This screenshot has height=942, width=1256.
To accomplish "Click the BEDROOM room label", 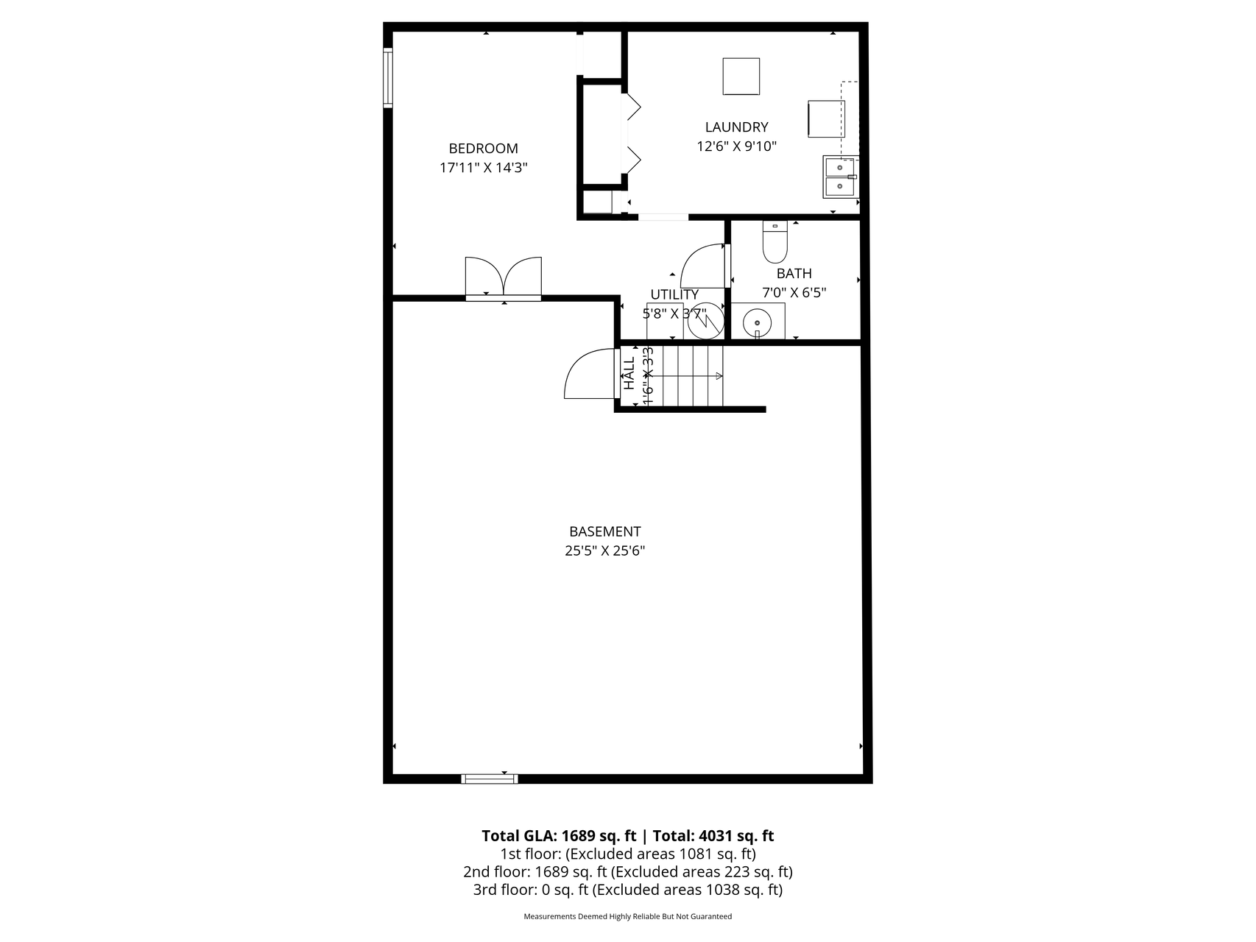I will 483,149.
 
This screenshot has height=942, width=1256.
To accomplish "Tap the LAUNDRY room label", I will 736,127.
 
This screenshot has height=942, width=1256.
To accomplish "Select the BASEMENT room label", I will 604,531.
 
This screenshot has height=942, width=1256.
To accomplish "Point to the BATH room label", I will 794,274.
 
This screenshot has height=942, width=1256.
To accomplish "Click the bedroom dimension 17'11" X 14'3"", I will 483,168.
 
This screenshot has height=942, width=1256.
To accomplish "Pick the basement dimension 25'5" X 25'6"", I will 604,550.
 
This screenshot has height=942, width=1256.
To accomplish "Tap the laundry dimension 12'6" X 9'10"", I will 736,146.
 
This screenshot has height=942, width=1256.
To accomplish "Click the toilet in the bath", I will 775,243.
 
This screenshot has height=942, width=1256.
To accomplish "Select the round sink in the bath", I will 756,322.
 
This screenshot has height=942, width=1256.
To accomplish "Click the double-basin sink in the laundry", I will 839,177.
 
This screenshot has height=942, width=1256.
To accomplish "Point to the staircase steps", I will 693,376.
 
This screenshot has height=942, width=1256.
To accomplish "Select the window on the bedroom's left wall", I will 387,77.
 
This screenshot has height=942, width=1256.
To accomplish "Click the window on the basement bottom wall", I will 490,779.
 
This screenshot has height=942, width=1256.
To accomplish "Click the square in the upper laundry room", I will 741,77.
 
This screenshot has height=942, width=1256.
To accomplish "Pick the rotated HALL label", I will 629,374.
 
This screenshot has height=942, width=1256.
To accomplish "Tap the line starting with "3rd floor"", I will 627,890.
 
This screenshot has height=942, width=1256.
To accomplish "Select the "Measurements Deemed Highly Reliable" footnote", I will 627,917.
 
